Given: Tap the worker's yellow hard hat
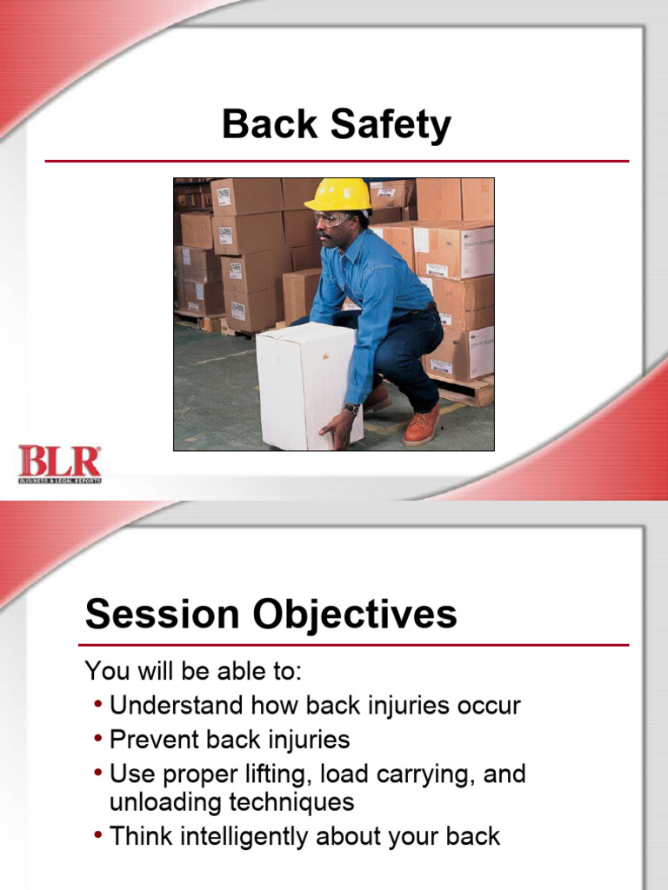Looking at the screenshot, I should tap(339, 195).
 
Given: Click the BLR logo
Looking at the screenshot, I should tap(60, 463).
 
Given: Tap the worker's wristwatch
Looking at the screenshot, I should tap(351, 408).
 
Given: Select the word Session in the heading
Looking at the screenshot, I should tap(161, 614).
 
